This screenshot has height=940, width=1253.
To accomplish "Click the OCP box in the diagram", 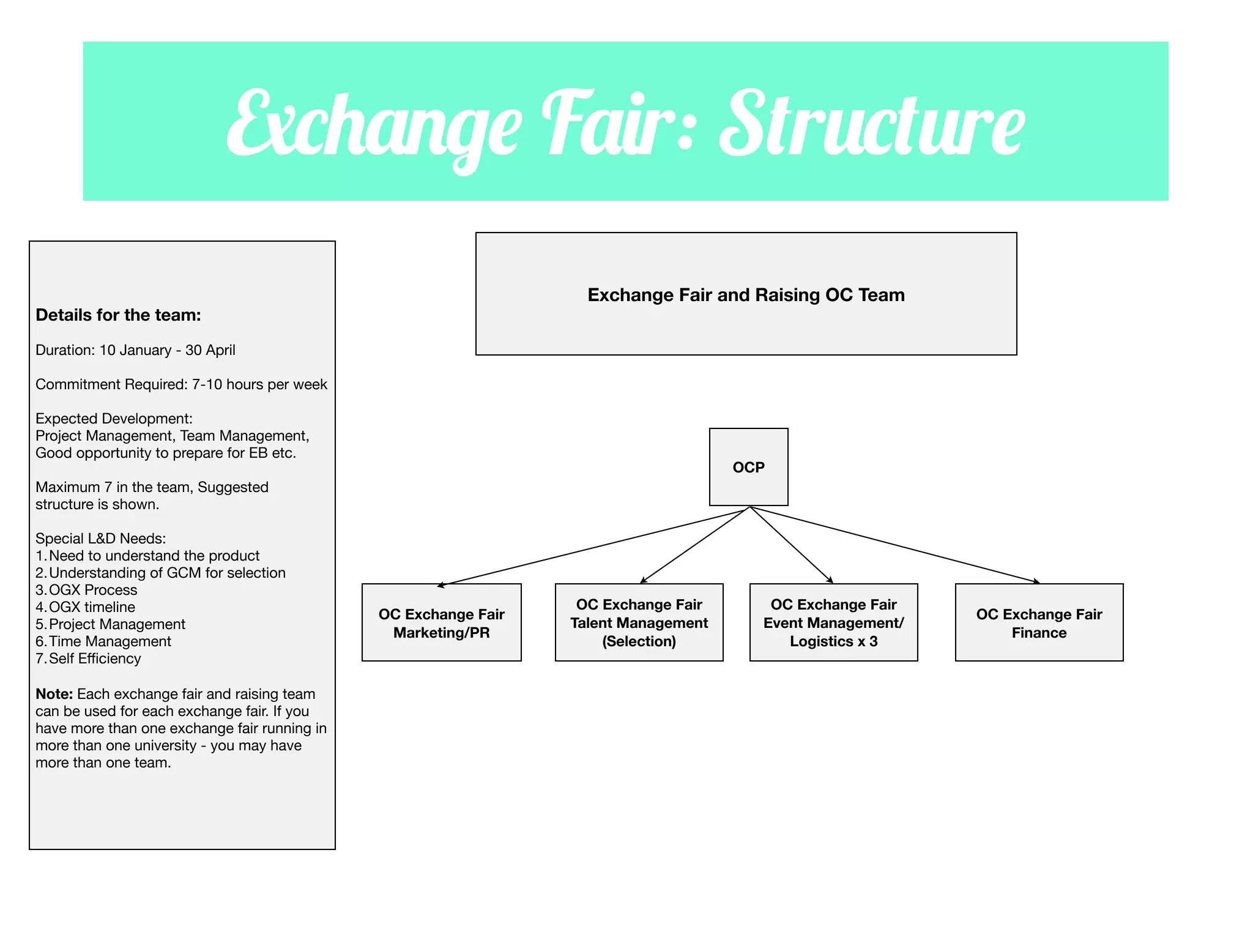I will (x=748, y=467).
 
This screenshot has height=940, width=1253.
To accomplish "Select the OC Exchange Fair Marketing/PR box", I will (x=441, y=622).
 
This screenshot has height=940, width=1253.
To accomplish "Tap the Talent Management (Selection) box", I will (x=639, y=622).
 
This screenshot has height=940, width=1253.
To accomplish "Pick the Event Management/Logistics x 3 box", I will (x=833, y=622).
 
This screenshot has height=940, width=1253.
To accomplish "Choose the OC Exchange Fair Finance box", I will (x=1039, y=622).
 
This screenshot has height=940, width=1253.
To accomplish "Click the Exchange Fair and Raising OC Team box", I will (x=746, y=294).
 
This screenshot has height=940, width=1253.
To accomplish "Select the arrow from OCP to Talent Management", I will (x=694, y=545).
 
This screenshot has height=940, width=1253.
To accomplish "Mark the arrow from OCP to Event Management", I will (x=792, y=545).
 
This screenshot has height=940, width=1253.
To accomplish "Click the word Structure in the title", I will (x=872, y=125).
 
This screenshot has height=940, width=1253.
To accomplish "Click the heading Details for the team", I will (x=118, y=315).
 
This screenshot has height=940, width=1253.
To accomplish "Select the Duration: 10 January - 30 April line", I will (x=135, y=350).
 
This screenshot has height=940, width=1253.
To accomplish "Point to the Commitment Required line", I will (x=181, y=384).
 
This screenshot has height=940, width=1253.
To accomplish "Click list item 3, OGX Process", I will (x=92, y=590).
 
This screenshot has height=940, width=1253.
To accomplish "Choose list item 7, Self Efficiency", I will (x=94, y=658).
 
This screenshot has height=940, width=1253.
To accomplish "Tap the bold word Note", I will (x=54, y=694).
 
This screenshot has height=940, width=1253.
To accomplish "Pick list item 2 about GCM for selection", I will (x=166, y=573).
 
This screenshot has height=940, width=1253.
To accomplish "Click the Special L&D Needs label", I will (x=100, y=539).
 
